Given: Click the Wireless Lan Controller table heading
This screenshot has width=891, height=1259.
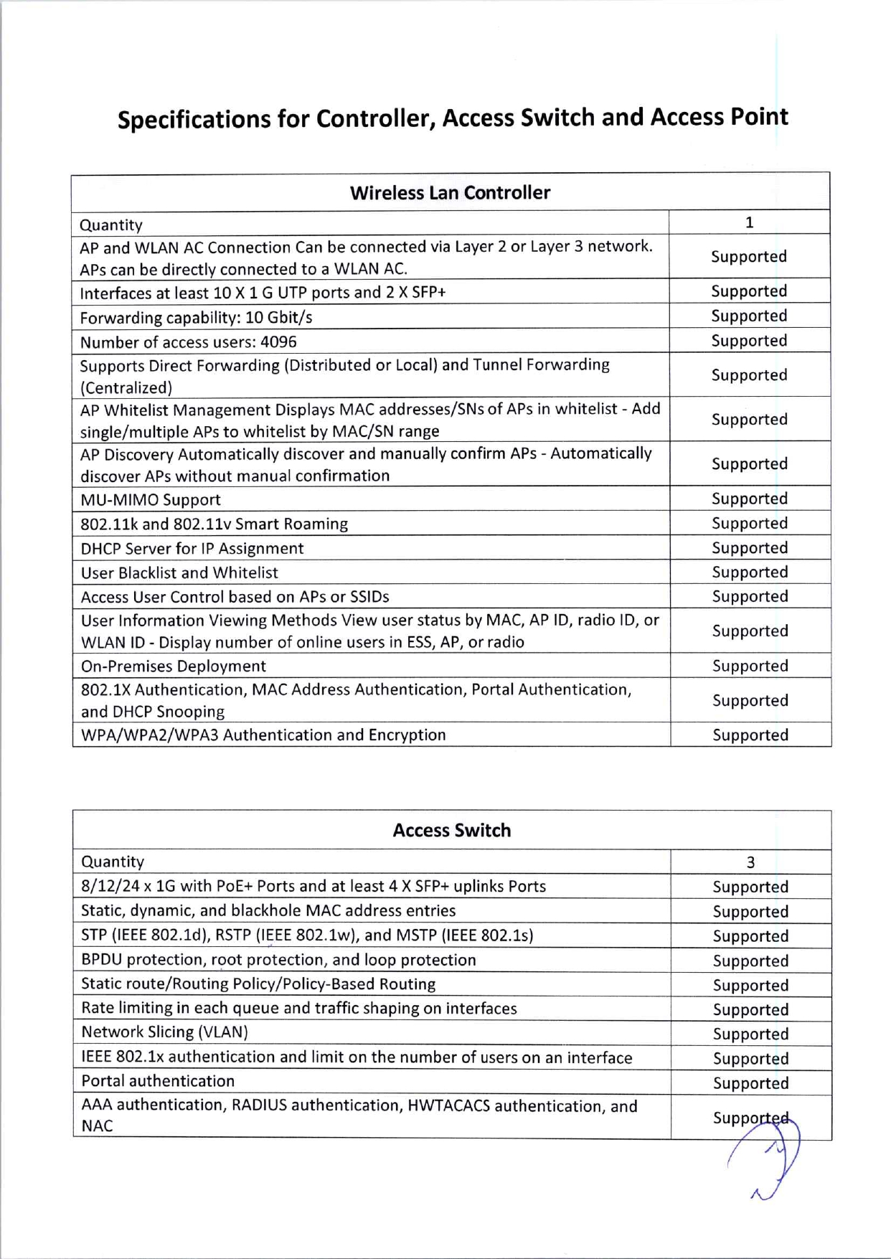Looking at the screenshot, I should [x=450, y=193].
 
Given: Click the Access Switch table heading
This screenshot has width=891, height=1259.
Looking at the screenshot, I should [x=452, y=831].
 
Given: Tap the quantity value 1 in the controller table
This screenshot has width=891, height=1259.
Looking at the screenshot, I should [x=749, y=222].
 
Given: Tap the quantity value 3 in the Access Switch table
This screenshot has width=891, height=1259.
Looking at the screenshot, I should [x=750, y=862].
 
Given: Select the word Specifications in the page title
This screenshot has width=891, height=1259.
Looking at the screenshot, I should [x=194, y=119].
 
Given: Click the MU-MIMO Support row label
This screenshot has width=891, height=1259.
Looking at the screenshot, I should [x=151, y=500].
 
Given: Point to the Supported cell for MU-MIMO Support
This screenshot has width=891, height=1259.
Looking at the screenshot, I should [x=750, y=499].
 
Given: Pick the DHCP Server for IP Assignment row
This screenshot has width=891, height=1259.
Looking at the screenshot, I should [x=192, y=549].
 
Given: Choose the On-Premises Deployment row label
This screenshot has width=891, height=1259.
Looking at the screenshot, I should [x=174, y=666].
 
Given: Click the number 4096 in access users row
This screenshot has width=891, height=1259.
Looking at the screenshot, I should [x=278, y=342].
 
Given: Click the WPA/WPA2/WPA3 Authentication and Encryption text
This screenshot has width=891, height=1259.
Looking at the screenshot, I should [x=263, y=735].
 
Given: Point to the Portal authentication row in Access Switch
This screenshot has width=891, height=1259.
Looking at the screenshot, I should [x=158, y=1081].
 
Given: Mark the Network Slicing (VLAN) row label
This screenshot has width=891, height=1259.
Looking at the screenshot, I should [x=164, y=1032].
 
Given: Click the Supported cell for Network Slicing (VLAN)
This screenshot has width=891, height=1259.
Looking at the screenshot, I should [x=750, y=1034].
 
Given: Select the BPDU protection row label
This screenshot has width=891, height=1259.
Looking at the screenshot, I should [x=278, y=960].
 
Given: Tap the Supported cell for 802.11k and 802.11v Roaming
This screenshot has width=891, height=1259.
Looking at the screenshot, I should [x=750, y=524].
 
